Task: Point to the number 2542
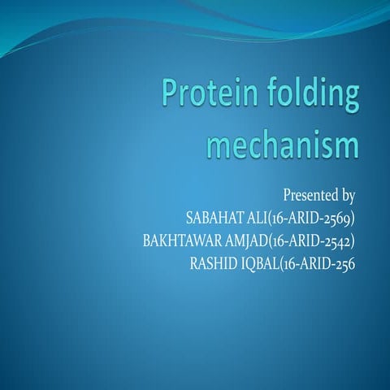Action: click(339, 241)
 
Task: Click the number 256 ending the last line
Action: click(347, 264)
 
